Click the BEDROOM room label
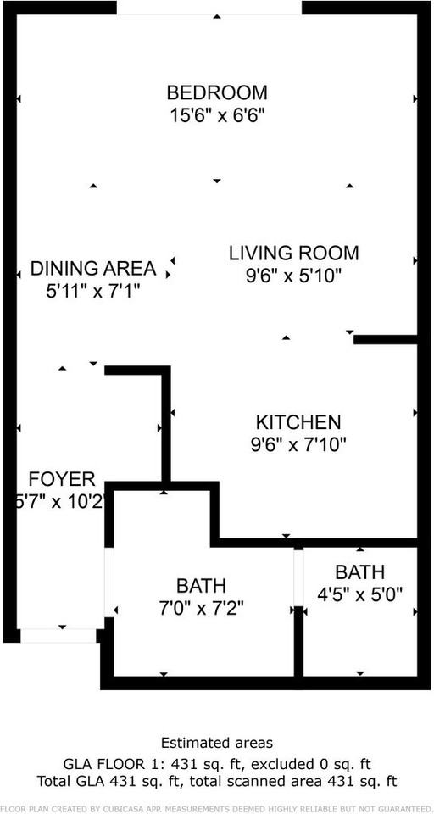(217, 92)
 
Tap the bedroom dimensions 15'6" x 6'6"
(217, 114)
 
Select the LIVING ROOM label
(294, 253)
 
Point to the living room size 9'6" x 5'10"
(294, 275)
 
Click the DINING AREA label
(93, 269)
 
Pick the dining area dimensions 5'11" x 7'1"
(93, 291)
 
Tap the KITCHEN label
(298, 421)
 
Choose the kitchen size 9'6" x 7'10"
(298, 443)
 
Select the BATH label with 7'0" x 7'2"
(201, 585)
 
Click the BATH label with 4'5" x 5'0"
(359, 571)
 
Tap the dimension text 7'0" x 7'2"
(201, 607)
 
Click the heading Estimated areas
(217, 744)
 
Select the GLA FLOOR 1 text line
(217, 763)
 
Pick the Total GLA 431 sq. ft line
(217, 780)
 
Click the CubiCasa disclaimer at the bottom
(217, 807)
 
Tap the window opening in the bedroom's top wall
(209, 8)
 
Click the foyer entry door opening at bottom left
(58, 635)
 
